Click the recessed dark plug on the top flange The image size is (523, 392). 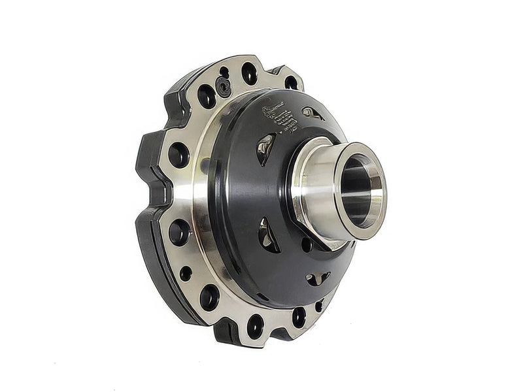pos(224,85)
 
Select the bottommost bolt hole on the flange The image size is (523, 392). pos(254,325)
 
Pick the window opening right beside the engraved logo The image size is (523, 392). pos(312,113)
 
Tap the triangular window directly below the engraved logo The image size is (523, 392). pos(265,150)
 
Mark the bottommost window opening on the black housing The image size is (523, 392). pos(317,278)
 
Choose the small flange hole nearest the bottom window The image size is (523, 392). pos(318,305)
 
